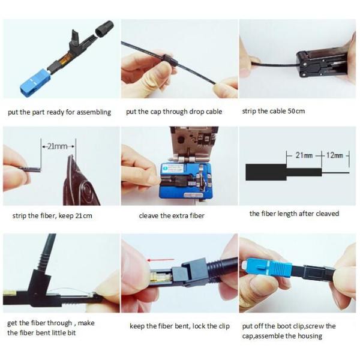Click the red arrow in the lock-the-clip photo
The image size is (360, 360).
(x=160, y=260)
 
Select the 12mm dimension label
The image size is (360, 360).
(x=335, y=155)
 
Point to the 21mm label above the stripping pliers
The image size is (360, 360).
(x=58, y=146)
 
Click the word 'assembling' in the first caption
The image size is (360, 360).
(x=94, y=112)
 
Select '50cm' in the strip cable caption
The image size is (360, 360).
(x=296, y=111)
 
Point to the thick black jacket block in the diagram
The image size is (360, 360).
(x=266, y=172)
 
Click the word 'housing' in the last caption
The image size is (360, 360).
(x=310, y=336)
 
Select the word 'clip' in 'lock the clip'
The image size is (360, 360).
(x=224, y=326)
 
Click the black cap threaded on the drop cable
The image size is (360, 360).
(x=170, y=59)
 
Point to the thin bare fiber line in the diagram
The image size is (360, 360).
(x=335, y=172)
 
